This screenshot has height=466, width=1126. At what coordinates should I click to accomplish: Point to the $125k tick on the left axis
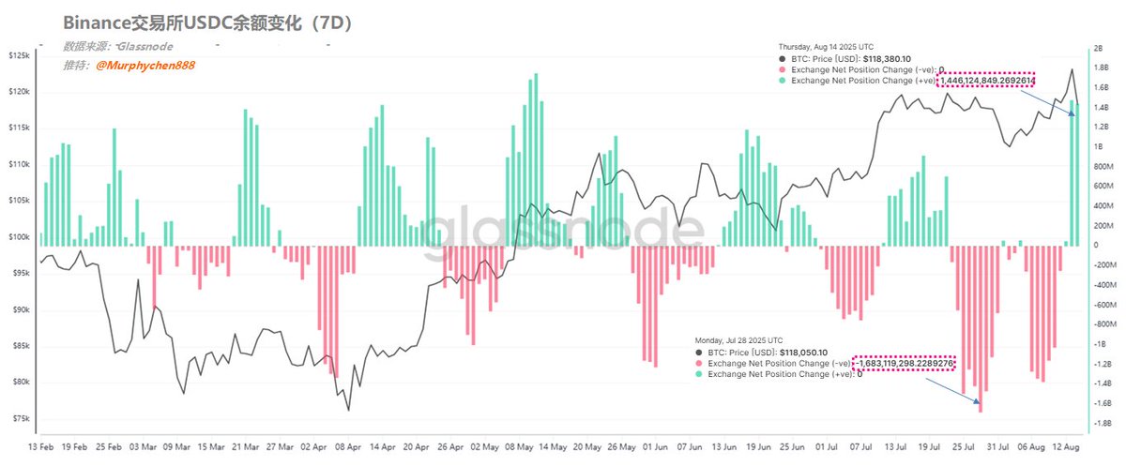[19, 56]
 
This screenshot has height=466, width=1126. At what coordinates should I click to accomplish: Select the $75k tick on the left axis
[19, 419]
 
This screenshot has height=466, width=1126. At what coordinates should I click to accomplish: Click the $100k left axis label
[19, 237]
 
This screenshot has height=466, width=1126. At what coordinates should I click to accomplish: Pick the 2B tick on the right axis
[1095, 49]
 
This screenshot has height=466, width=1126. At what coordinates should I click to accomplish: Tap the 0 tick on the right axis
[1092, 245]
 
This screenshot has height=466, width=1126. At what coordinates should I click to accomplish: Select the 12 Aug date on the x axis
[1063, 448]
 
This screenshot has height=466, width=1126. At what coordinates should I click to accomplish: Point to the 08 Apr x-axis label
[349, 448]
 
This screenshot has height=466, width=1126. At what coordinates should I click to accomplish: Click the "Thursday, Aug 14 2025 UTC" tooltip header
[826, 47]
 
